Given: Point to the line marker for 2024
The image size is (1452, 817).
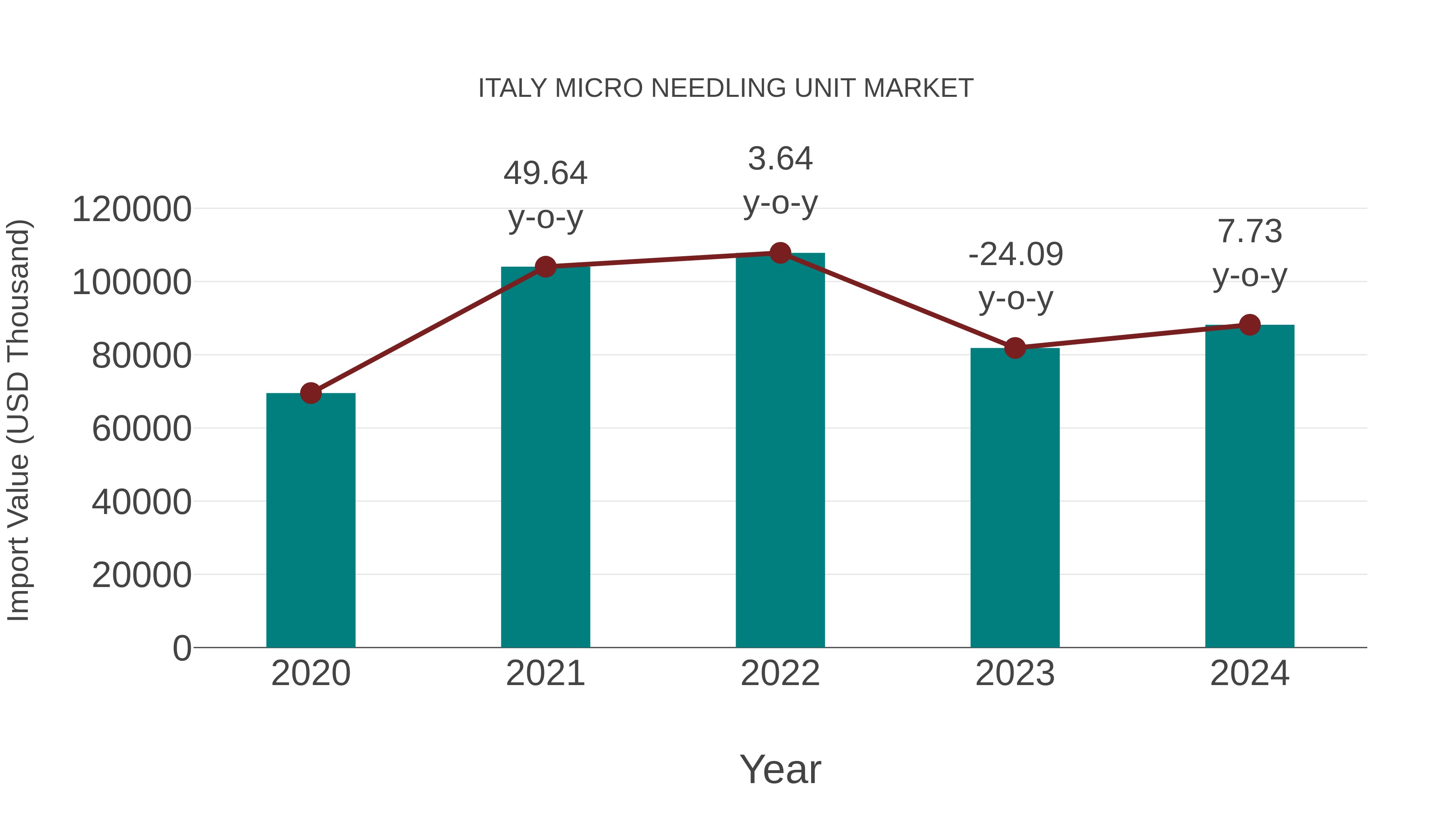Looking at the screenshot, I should (1250, 325).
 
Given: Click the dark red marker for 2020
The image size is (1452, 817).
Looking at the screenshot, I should (311, 393).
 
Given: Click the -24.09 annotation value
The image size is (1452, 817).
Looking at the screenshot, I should (1016, 254).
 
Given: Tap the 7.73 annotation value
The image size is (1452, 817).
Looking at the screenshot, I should (1250, 232).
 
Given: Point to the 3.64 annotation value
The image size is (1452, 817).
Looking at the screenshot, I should (780, 159).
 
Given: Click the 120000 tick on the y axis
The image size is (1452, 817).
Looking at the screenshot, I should (132, 209).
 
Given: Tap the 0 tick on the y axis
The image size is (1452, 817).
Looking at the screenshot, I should (181, 648).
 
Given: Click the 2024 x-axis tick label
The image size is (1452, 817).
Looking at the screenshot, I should (1250, 673).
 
